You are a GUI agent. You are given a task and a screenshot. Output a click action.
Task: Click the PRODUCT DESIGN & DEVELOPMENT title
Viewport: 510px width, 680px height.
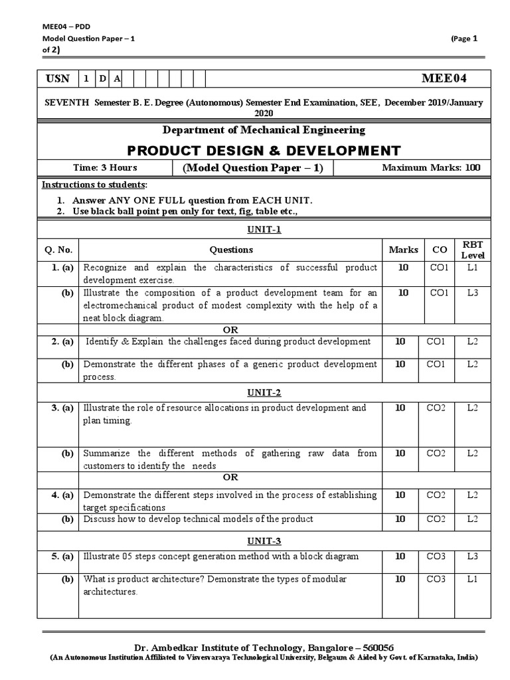[264, 150]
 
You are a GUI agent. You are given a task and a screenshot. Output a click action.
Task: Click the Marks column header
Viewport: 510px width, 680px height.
[404, 250]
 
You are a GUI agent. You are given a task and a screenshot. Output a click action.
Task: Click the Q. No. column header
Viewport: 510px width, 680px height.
[58, 250]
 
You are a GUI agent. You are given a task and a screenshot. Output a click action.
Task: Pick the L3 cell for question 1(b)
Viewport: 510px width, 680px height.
[473, 292]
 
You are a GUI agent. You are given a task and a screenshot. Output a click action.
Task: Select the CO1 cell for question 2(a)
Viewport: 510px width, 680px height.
[436, 341]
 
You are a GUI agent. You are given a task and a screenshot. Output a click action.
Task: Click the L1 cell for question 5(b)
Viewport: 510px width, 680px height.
[473, 579]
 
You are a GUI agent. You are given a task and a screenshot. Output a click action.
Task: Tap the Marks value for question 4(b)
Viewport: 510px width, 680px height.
[400, 519]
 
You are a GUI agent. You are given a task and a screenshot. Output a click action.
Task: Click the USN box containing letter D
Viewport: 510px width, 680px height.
[102, 79]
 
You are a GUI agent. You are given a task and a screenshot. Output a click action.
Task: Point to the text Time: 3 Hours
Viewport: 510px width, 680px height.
[105, 168]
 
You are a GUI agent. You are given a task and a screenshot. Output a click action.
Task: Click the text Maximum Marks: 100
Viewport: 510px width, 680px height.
[431, 168]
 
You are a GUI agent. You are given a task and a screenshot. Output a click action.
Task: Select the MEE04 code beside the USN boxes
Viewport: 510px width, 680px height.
[444, 79]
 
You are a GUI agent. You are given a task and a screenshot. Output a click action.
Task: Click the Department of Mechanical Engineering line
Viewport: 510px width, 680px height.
[264, 130]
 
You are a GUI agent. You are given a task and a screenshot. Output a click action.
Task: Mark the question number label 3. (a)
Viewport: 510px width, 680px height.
[62, 408]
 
